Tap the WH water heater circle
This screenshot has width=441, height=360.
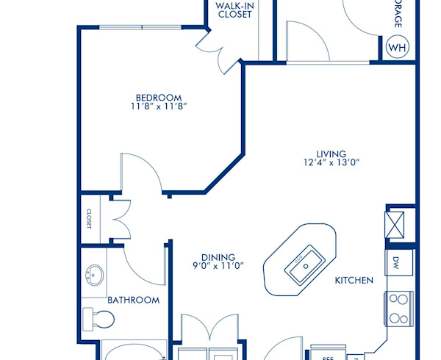click(x=397, y=48)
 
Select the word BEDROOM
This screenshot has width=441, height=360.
click(x=158, y=97)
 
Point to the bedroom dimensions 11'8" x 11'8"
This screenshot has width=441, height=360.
click(x=158, y=107)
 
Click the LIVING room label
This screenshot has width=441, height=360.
click(x=331, y=154)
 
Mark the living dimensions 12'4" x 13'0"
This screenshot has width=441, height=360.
click(x=331, y=163)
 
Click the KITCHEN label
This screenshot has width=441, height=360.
click(x=354, y=281)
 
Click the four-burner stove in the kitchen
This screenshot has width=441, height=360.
click(x=398, y=309)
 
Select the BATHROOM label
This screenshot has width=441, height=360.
click(x=133, y=300)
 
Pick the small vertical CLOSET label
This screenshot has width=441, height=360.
click(x=89, y=218)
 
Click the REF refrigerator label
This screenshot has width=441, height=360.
click(x=327, y=356)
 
